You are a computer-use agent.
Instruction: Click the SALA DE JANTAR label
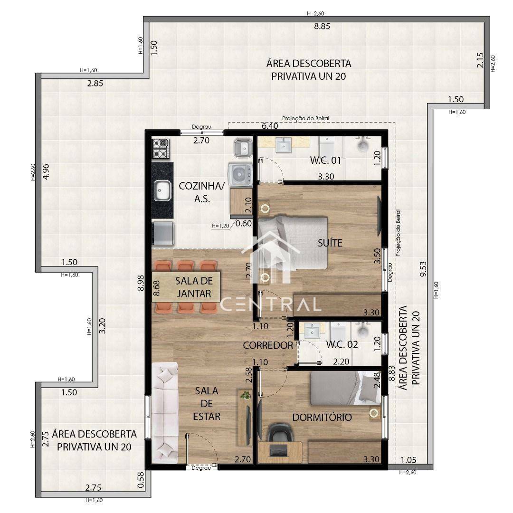[193, 287]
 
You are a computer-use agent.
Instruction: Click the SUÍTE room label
[330, 243]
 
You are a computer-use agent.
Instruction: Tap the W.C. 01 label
[326, 161]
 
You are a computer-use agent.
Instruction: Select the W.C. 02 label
[342, 344]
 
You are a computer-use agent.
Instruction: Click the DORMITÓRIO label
[322, 418]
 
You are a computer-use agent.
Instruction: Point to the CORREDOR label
[268, 345]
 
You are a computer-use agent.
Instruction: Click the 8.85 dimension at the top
[322, 27]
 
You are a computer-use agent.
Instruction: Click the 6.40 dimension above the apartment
[270, 126]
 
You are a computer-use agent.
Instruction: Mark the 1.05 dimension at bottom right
[409, 460]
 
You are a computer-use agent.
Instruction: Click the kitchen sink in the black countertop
[162, 190]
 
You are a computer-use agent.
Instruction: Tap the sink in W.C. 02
[313, 329]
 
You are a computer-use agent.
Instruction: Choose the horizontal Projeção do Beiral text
[305, 118]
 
